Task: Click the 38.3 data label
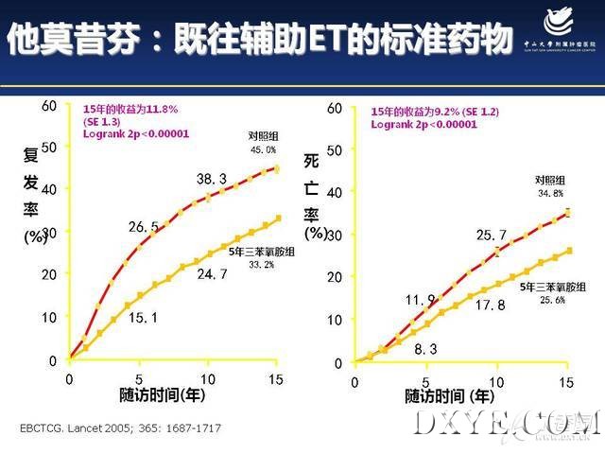212,179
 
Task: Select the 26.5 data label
144,227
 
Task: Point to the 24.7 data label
212,275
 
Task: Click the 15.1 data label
143,318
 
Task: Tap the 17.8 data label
490,306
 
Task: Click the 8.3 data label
425,350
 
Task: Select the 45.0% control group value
263,150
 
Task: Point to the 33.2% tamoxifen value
262,265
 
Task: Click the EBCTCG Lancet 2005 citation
120,428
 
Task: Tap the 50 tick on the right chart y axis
334,149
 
